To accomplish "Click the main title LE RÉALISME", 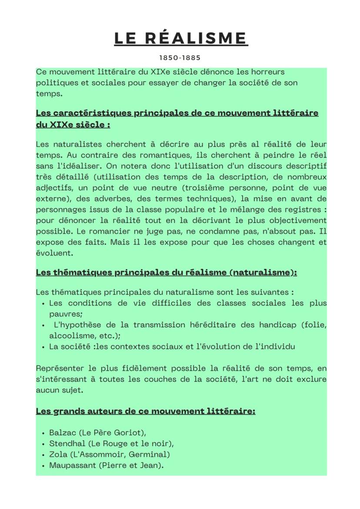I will (180, 38).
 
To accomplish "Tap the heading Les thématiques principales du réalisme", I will (166, 273).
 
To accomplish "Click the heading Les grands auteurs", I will (145, 411).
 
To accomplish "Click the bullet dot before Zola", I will (43, 455).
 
